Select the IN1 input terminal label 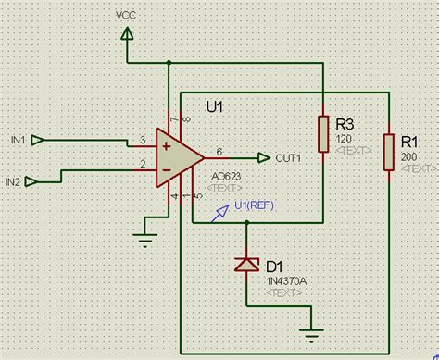pyautogui.click(x=18, y=140)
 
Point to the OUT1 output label pyautogui.click(x=288, y=158)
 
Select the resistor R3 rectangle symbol pyautogui.click(x=323, y=133)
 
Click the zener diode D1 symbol pyautogui.click(x=246, y=265)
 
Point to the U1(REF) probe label pyautogui.click(x=254, y=205)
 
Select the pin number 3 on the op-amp pyautogui.click(x=142, y=139)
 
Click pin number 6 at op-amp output pyautogui.click(x=219, y=151)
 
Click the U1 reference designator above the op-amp pyautogui.click(x=215, y=108)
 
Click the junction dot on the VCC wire pyautogui.click(x=168, y=63)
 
